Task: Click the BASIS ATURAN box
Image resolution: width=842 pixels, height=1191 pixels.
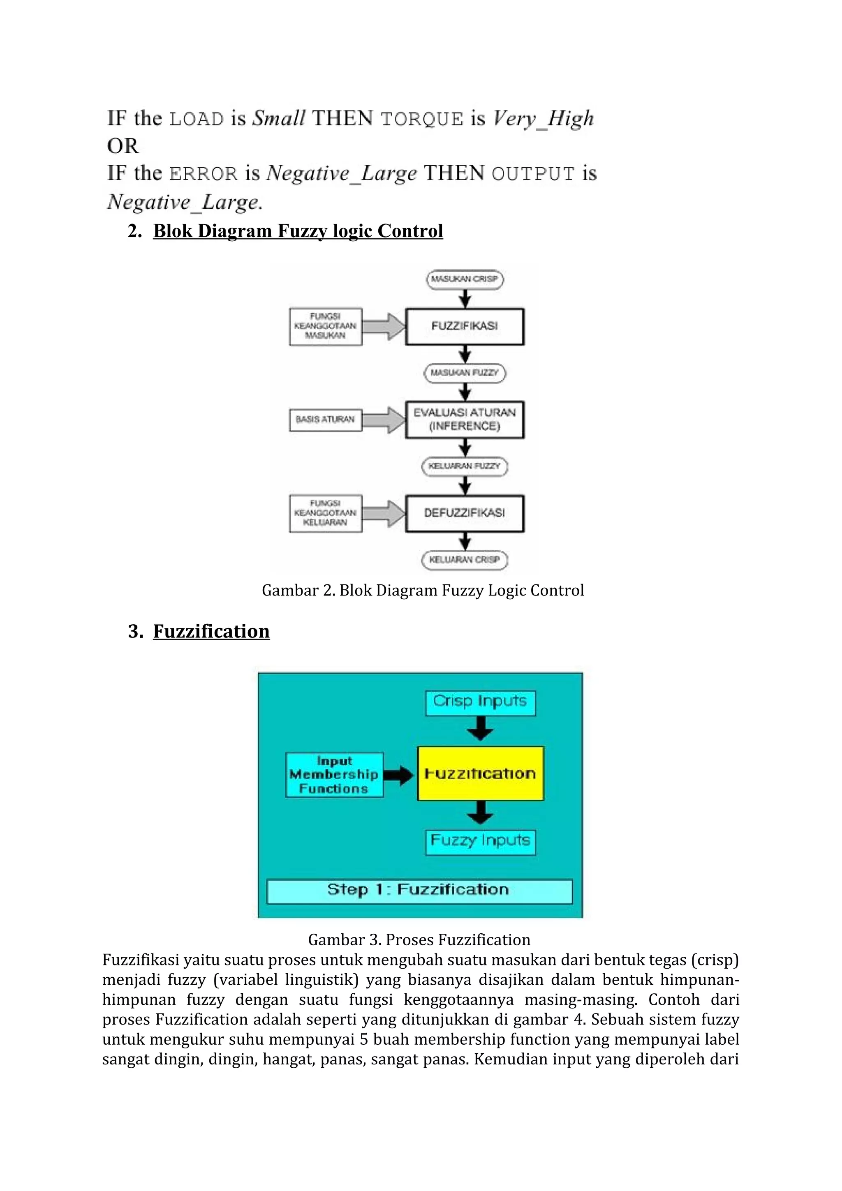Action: click(325, 419)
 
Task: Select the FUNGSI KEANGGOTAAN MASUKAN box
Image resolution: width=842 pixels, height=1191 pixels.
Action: click(325, 326)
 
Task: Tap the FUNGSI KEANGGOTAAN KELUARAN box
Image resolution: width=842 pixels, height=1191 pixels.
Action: click(325, 513)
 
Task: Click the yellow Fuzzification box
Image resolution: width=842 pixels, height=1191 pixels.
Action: click(480, 773)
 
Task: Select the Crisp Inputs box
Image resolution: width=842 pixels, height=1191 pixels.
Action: click(480, 702)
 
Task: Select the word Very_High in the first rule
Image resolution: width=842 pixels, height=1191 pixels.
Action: click(543, 119)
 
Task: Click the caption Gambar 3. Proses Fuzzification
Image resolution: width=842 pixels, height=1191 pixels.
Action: click(419, 939)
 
